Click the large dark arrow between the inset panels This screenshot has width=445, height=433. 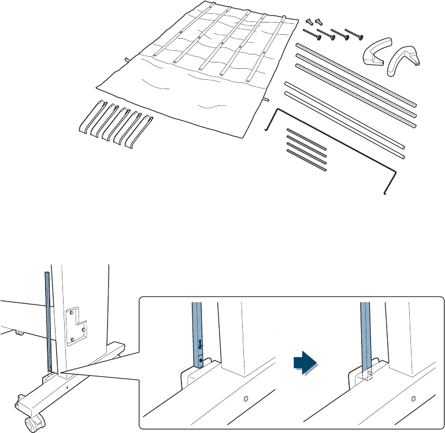(x=305, y=362)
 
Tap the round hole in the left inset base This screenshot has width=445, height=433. (x=246, y=399)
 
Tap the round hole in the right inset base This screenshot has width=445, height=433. (x=413, y=399)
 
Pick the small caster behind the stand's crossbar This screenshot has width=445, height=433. (x=19, y=333)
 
